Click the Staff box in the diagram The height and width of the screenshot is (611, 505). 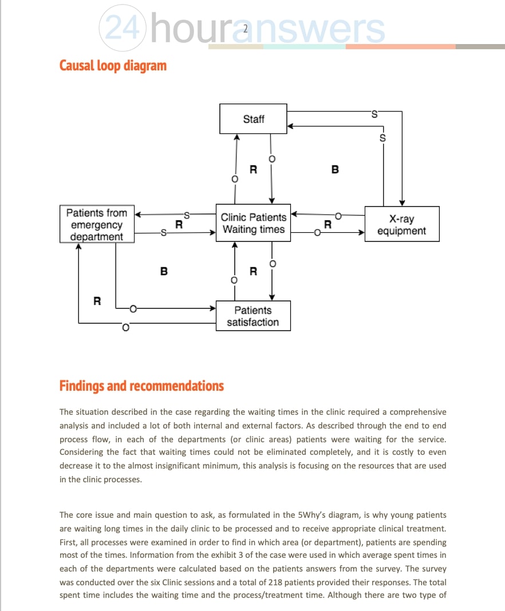(254, 119)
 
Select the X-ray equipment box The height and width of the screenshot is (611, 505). (402, 224)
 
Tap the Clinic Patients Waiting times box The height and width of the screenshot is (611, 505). (253, 223)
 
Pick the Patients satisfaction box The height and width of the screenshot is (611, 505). (253, 316)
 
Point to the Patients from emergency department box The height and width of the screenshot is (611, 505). (97, 224)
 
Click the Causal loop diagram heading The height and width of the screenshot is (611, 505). (113, 65)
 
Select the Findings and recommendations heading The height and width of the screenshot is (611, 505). (141, 386)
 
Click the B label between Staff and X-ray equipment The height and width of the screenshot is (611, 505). (335, 169)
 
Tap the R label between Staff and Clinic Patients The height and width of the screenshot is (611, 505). (253, 169)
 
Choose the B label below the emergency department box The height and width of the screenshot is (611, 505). (164, 271)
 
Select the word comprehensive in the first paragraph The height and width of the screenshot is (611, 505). (415, 412)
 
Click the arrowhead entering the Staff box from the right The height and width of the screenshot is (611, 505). (290, 126)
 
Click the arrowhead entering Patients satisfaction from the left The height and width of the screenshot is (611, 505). (212, 309)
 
